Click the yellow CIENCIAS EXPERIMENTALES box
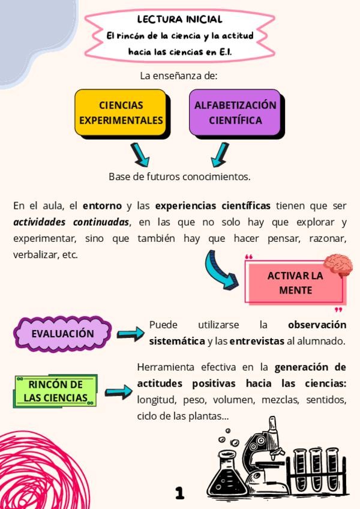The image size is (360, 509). (120, 112)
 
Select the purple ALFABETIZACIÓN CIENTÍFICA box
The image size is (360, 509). (235, 112)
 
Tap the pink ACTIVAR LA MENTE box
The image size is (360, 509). (295, 283)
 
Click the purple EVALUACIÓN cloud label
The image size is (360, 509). (63, 334)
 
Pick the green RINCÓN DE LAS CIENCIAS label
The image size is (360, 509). (56, 391)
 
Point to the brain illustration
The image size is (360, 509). (338, 264)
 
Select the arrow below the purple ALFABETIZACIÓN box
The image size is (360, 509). (220, 154)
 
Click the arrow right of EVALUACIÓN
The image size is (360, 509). (131, 333)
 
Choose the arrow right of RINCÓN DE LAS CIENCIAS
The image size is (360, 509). (118, 393)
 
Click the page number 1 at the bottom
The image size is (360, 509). (179, 493)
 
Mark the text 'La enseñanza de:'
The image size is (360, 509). (179, 76)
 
